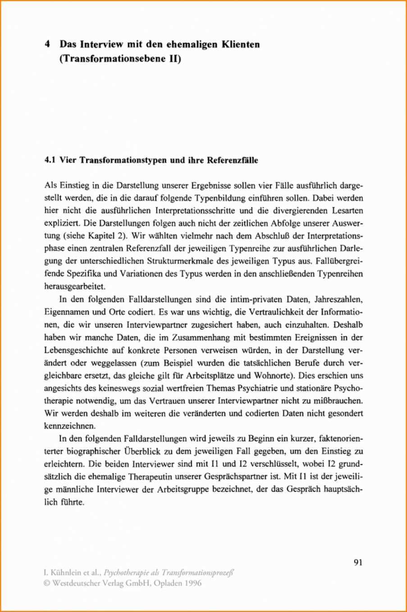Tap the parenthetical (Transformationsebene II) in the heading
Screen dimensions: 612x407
[120, 59]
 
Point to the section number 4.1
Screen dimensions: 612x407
[50, 161]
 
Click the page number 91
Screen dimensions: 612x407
[358, 562]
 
